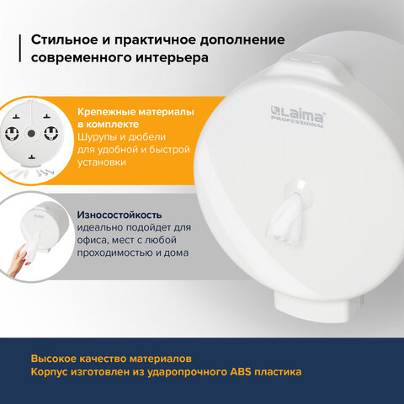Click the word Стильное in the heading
coord(64,40)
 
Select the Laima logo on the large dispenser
coord(297,114)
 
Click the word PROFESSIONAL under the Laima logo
coord(297,122)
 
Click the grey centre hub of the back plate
coord(31,134)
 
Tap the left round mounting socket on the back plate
coord(12,133)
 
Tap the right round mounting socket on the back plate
coord(51,133)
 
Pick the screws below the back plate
coord(45,172)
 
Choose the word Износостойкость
coord(120,215)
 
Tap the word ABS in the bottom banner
coord(241,372)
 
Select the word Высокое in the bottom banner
coord(53,359)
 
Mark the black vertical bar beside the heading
coord(20,48)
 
